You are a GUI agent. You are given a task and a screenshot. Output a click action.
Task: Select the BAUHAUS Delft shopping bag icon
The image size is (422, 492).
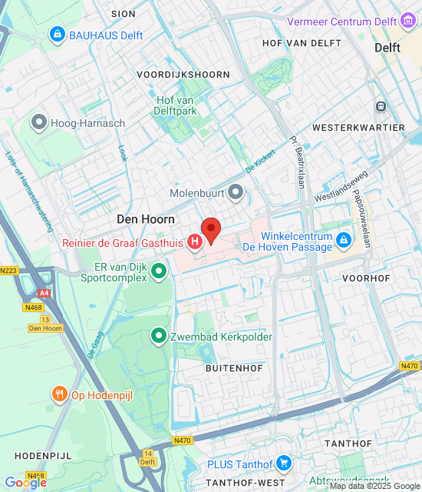pyautogui.click(x=57, y=35)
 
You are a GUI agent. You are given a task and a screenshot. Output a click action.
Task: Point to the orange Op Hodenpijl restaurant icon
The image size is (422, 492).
pyautogui.click(x=60, y=395)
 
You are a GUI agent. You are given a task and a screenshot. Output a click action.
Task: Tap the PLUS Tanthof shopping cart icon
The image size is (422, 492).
pyautogui.click(x=284, y=464)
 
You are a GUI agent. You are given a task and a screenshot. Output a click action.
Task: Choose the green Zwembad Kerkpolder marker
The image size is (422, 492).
pyautogui.click(x=159, y=336)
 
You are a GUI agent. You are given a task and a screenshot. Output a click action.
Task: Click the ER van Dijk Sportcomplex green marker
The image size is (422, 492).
pyautogui.click(x=159, y=271)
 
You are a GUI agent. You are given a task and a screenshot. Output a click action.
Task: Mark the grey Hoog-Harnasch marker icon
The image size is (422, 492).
pyautogui.click(x=38, y=121)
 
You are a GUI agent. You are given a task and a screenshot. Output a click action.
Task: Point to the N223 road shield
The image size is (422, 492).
pyautogui.click(x=8, y=270)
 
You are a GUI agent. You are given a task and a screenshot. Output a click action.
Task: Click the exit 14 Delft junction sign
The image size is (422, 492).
pyautogui.click(x=148, y=458)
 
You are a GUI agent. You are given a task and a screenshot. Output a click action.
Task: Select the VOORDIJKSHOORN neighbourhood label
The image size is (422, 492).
pyautogui.click(x=183, y=75)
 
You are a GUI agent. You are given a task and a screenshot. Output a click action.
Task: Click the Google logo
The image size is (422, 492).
pyautogui.click(x=25, y=482)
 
